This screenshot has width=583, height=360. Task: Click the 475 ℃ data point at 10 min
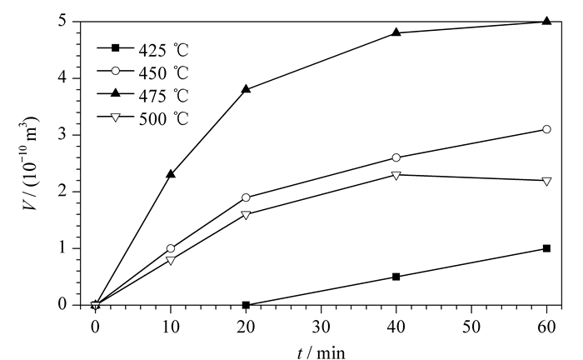click(171, 173)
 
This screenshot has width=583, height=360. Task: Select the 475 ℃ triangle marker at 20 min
click(246, 89)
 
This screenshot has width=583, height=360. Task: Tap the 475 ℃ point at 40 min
click(396, 32)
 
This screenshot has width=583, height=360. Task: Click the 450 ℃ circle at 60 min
click(546, 129)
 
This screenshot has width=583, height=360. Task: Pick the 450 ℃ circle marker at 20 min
click(246, 197)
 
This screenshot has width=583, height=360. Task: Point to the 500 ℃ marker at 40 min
click(396, 175)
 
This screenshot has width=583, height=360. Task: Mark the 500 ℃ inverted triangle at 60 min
click(546, 182)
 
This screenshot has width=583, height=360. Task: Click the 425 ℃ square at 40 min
click(396, 277)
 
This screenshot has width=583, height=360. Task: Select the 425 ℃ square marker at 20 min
click(246, 305)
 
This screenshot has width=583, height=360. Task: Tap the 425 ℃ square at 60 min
click(546, 248)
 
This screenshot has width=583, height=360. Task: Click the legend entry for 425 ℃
click(143, 49)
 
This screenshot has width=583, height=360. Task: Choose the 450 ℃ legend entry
click(143, 72)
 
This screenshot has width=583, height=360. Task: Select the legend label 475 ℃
click(164, 96)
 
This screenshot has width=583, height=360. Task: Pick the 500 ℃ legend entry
click(143, 118)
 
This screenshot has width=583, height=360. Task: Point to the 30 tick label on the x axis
click(321, 327)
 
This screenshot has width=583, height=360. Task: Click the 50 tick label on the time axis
click(471, 327)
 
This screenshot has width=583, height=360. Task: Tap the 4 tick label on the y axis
click(62, 78)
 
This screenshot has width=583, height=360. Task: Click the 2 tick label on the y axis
click(62, 192)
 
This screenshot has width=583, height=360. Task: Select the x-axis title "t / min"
click(321, 352)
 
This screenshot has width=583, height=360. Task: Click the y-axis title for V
click(30, 162)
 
